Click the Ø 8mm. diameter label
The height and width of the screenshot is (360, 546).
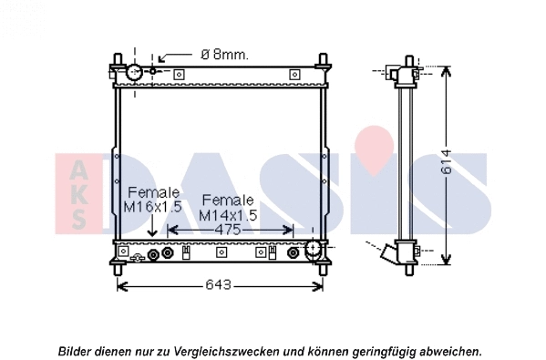pos(222,55)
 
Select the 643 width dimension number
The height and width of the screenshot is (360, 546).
pos(220,285)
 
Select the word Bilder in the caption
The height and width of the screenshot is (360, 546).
pos(77,351)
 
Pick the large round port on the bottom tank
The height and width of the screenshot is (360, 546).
pos(312,248)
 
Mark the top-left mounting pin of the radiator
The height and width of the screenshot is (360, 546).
pos(118,64)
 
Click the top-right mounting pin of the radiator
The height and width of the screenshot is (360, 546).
pos(322,64)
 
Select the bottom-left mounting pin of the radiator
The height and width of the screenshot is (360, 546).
pos(118,269)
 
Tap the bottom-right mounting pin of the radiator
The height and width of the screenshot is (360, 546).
pos(322,269)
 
